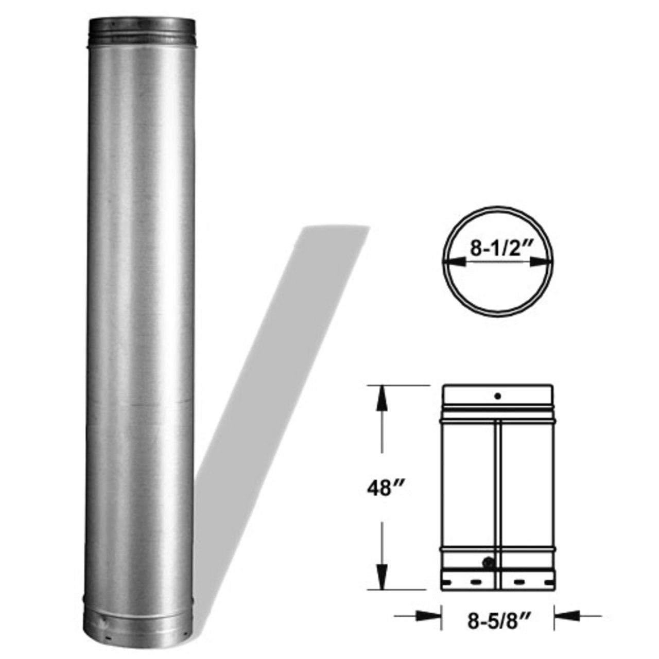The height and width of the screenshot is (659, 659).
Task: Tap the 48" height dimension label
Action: (384, 488)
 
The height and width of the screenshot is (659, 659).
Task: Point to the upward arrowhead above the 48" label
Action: (381, 398)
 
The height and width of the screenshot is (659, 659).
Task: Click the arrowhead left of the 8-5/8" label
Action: (429, 615)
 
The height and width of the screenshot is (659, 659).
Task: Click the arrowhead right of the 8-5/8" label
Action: (567, 615)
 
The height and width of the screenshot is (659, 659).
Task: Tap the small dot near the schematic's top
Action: (497, 396)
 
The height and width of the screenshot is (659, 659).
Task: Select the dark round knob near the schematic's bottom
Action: (487, 563)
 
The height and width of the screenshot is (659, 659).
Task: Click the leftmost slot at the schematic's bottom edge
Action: (448, 582)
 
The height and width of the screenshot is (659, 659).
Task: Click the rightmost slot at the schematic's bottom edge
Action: (546, 582)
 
